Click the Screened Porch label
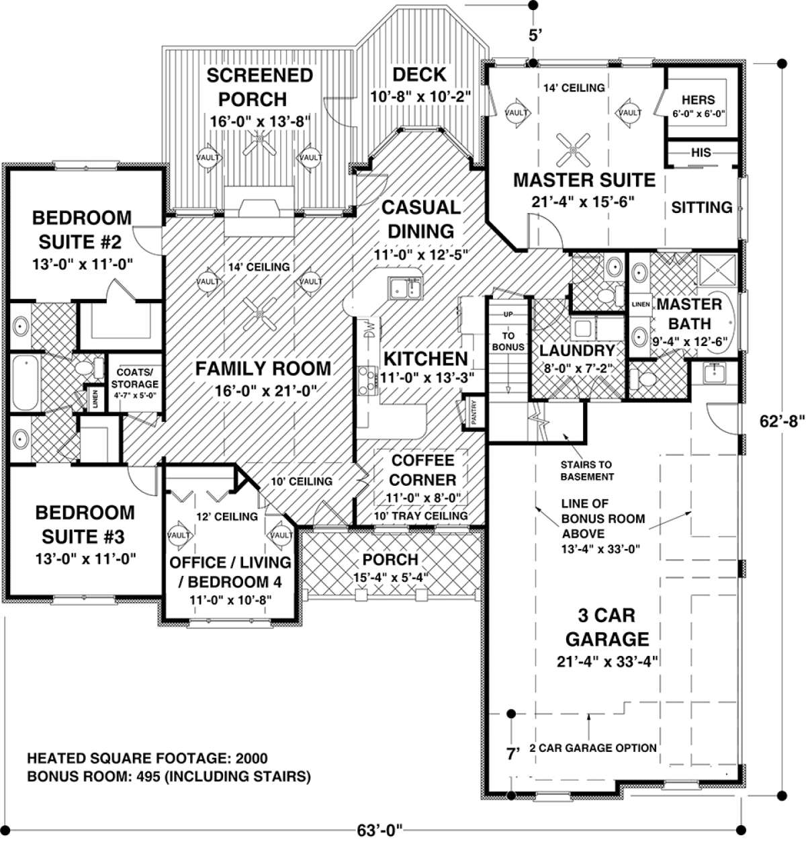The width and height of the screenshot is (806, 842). pos(259,87)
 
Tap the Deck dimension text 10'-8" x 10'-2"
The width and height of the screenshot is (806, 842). pos(420,96)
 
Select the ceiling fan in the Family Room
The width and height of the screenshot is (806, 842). pos(259,314)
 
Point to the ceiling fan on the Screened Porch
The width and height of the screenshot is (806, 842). pos(259,142)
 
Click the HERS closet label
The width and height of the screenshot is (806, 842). pos(699,100)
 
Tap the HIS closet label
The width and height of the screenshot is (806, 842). pos(701,153)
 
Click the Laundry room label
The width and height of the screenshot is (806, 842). pos(577,351)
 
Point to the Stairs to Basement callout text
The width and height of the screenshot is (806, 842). pos(587,470)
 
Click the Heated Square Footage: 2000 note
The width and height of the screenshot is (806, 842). pos(147,759)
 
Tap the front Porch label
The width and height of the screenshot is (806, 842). pos(390,559)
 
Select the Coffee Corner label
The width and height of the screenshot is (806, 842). pos(422,470)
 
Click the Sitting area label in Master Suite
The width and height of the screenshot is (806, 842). pos(701,207)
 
